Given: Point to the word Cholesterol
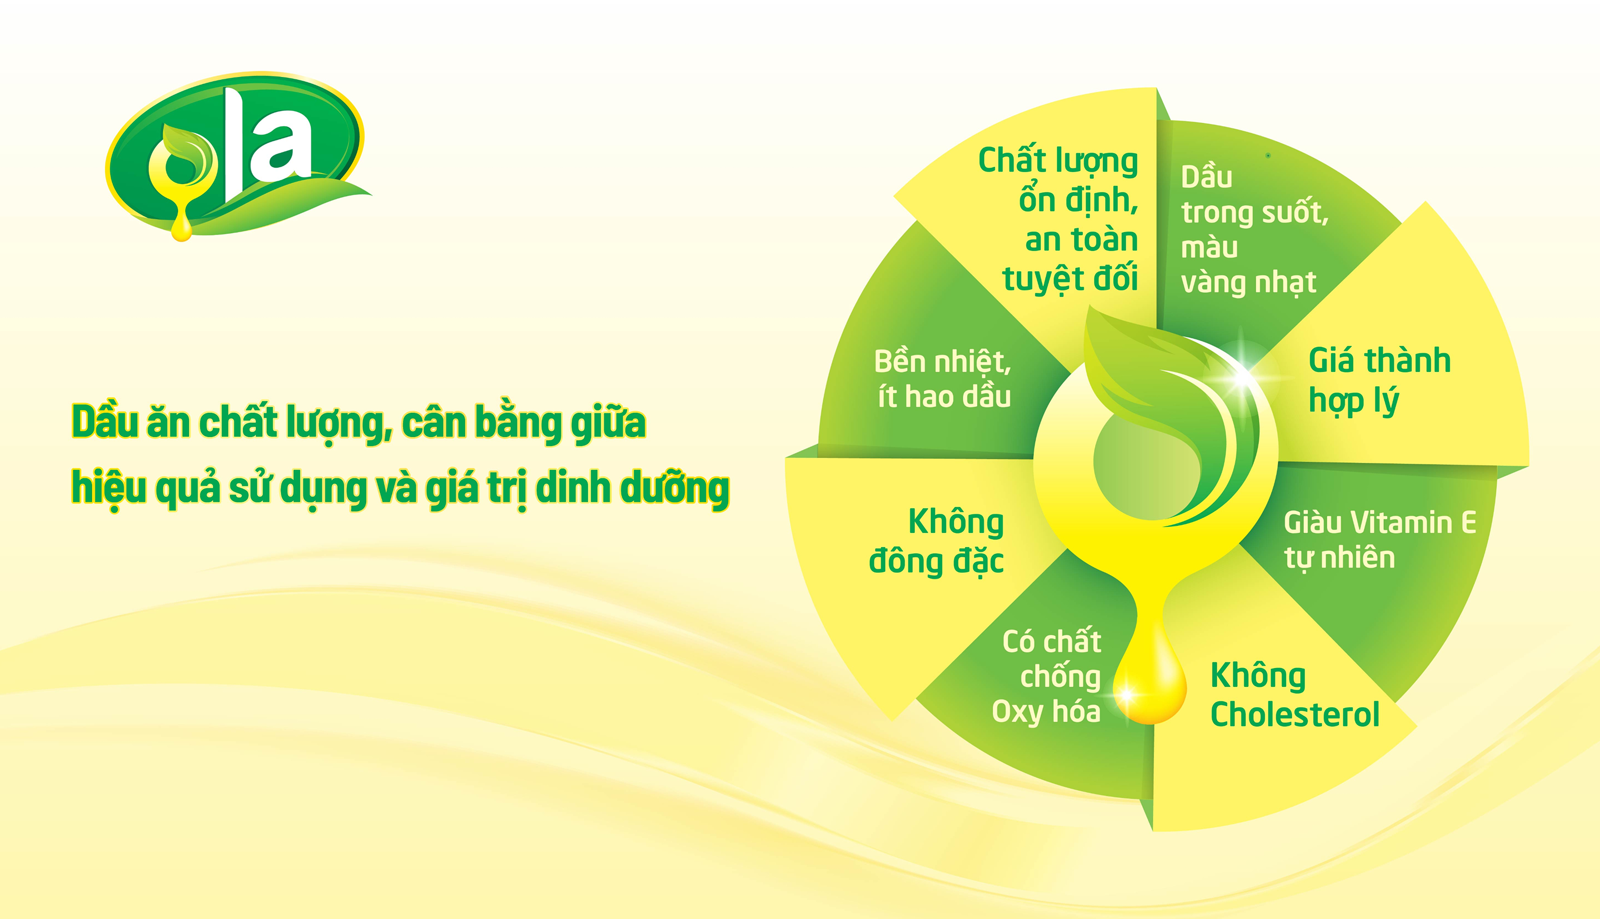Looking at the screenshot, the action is pyautogui.click(x=1294, y=715).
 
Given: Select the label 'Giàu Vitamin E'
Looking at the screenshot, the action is pyautogui.click(x=1380, y=523).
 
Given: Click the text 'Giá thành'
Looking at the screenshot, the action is pyautogui.click(x=1379, y=360).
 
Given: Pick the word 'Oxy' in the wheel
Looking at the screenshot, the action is pyautogui.click(x=1017, y=712).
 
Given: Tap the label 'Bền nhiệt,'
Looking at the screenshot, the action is pyautogui.click(x=943, y=361).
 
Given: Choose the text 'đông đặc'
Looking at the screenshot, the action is pyautogui.click(x=936, y=561).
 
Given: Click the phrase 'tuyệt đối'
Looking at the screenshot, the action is pyautogui.click(x=1070, y=279).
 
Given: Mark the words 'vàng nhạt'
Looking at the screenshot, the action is pyautogui.click(x=1248, y=282).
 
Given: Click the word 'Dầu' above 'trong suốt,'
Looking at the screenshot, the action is pyautogui.click(x=1206, y=177).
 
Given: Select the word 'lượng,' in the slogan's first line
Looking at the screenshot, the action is pyautogui.click(x=339, y=422).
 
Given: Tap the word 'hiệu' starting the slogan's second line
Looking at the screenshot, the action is pyautogui.click(x=108, y=488).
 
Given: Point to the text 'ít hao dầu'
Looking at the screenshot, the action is pyautogui.click(x=944, y=396).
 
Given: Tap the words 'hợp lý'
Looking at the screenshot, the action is pyautogui.click(x=1354, y=401).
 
